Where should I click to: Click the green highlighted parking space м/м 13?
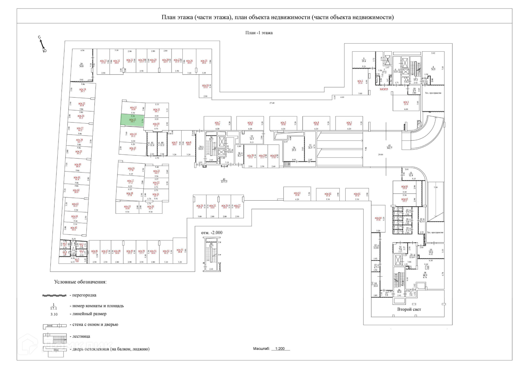tap(132, 120)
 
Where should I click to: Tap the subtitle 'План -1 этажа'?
tap(259, 33)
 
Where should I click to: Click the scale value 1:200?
tap(280, 349)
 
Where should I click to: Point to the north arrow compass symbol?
tap(42, 44)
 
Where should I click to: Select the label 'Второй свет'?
tap(409, 309)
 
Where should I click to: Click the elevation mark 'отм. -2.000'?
tap(212, 233)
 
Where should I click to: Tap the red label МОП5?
tap(384, 89)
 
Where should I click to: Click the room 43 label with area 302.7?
tap(389, 147)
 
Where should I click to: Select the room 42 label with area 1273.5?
tap(224, 180)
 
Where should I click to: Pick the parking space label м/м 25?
tap(204, 62)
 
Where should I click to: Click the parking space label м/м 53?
tap(180, 251)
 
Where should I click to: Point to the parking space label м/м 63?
tap(297, 194)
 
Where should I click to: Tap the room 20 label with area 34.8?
tap(81, 65)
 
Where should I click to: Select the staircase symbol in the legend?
tap(55, 339)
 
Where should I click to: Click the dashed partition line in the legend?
tap(54, 295)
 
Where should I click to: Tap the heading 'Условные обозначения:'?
tap(80, 282)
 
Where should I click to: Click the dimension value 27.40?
tap(272, 103)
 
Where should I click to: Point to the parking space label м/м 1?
tap(406, 103)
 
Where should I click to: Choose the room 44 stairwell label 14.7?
tap(211, 245)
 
